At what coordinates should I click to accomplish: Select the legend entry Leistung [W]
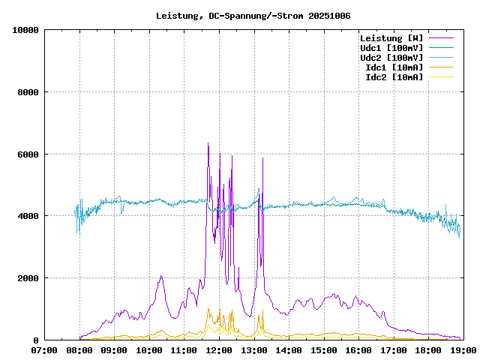pos(391,38)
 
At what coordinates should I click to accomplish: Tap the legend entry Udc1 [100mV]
pos(391,48)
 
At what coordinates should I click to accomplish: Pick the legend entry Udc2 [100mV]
pos(391,58)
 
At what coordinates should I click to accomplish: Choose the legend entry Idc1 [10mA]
pos(394,67)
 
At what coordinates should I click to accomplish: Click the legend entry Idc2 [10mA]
pos(394,77)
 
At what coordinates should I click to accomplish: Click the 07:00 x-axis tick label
pos(45,350)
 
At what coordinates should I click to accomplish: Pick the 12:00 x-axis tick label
pos(219,350)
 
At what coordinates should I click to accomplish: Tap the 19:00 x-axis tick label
pos(462,350)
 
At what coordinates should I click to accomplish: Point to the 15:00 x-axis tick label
pos(323,350)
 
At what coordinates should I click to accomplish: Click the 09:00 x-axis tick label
pos(115,350)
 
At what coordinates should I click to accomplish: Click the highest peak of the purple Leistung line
pos(208,143)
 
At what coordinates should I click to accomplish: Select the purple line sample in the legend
pos(441,38)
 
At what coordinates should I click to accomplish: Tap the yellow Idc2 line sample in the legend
pos(441,77)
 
